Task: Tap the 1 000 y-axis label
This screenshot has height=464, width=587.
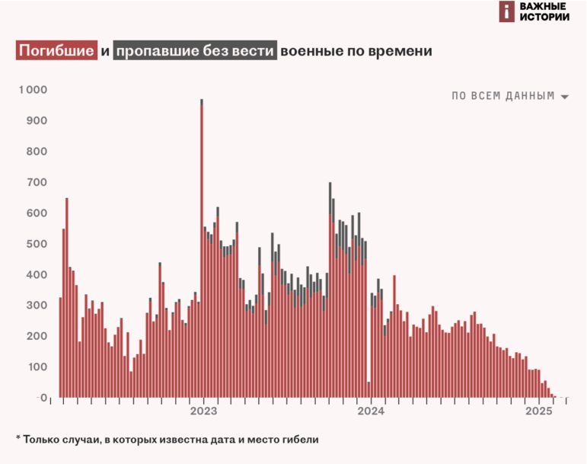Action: [x=33, y=90]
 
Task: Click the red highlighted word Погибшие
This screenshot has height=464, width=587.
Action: [x=57, y=51]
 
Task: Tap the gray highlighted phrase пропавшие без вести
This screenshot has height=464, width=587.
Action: [x=195, y=51]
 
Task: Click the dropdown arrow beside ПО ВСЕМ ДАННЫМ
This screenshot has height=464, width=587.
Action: [x=564, y=98]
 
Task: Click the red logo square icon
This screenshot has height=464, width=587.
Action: [x=507, y=11]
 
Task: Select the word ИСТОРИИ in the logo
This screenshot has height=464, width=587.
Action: [x=544, y=18]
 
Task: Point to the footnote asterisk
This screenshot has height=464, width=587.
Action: [x=18, y=440]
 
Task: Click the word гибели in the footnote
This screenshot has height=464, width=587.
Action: [x=299, y=440]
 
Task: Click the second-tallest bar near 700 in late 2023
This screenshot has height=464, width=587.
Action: [x=330, y=290]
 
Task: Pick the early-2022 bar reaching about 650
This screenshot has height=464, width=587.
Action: [x=67, y=297]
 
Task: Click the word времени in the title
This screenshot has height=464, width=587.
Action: [x=400, y=51]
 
